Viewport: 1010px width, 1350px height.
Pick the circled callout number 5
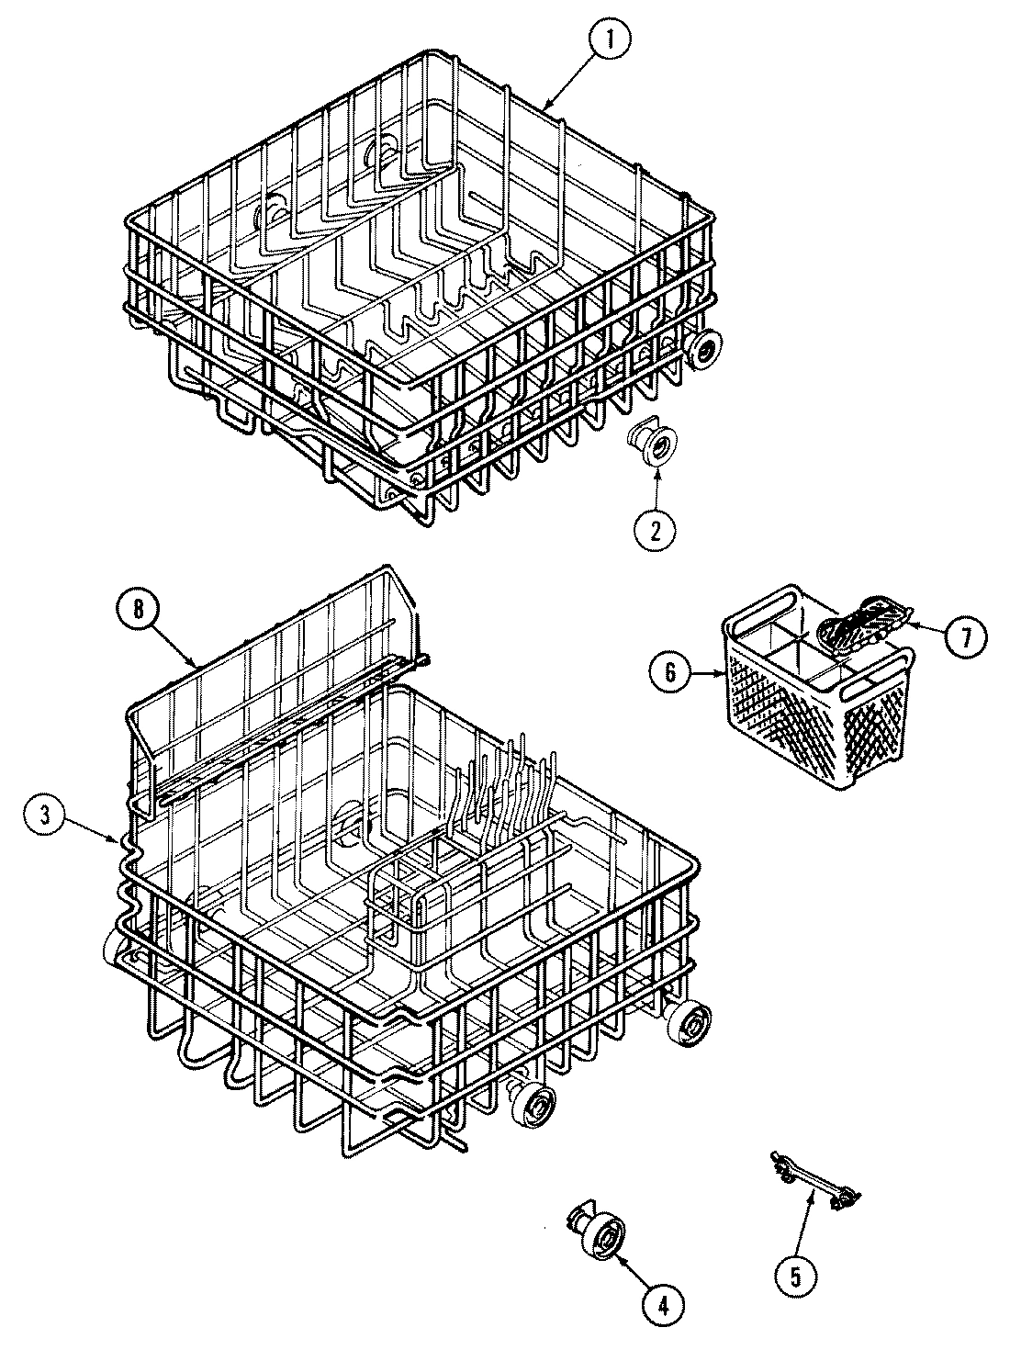coord(795,1274)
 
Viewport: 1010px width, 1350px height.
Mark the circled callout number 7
coord(962,636)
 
